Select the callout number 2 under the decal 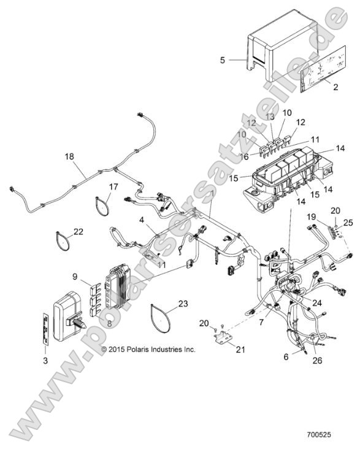coord(335,88)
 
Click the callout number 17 coord(114,186)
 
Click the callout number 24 coord(317,302)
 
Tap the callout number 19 coord(312,217)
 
